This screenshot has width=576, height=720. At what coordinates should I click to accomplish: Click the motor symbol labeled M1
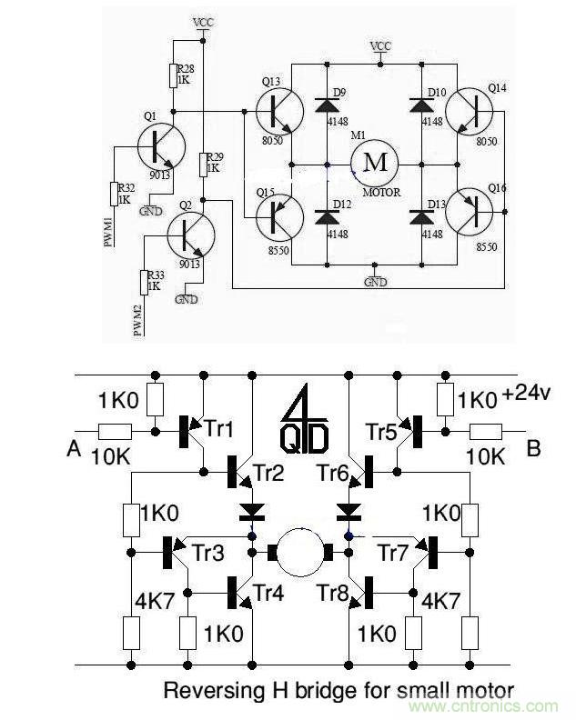pos(376,164)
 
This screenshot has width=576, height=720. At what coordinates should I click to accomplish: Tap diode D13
pos(421,217)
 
